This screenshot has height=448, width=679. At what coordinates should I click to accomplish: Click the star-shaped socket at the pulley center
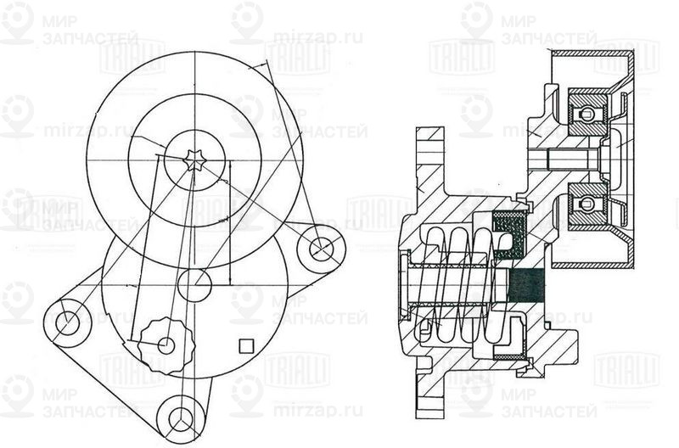(x=194, y=160)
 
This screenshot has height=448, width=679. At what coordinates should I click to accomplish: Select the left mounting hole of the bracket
(x=67, y=322)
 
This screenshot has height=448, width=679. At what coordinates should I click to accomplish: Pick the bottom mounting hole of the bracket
(x=179, y=417)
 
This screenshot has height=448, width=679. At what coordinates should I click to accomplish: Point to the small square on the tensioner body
(x=247, y=344)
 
